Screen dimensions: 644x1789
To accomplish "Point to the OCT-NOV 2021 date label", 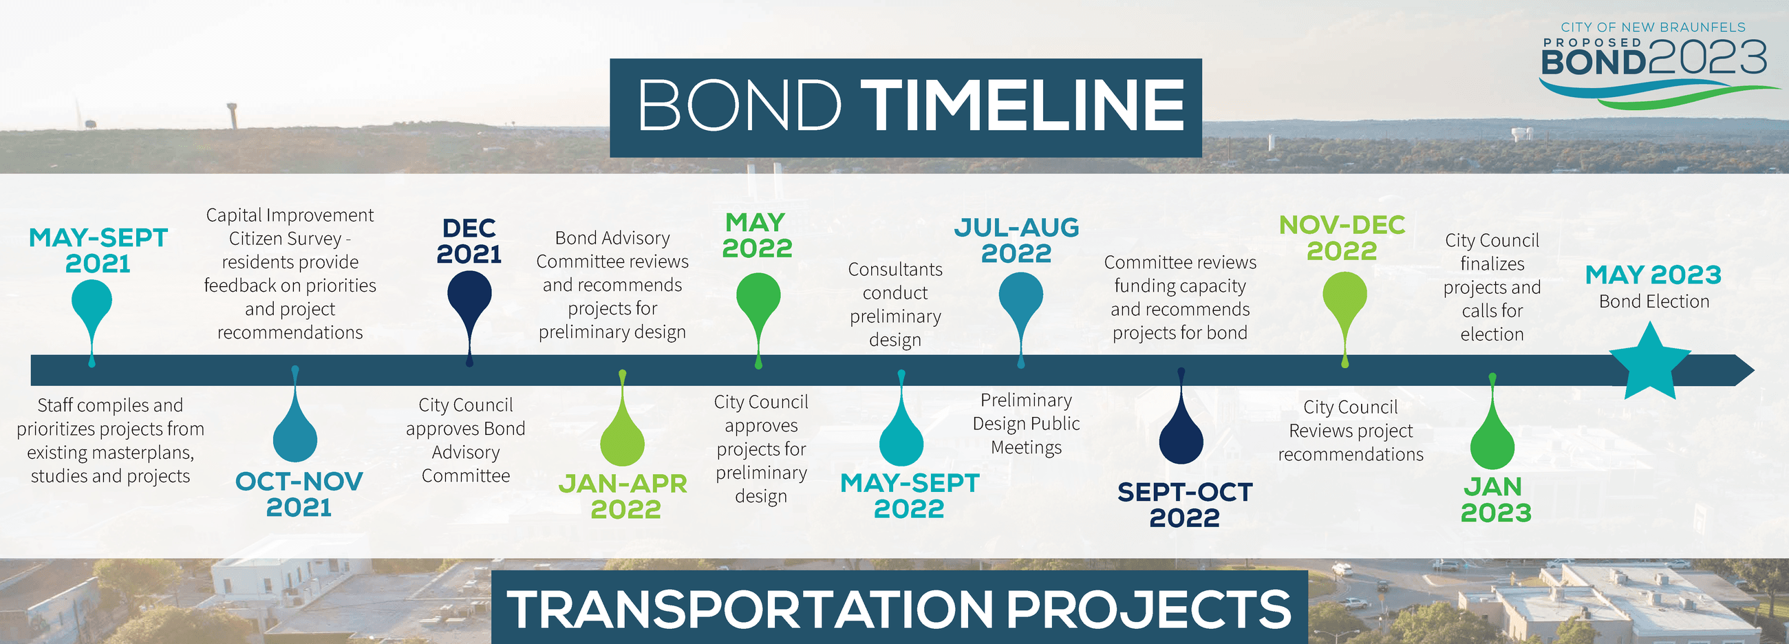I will (x=299, y=494).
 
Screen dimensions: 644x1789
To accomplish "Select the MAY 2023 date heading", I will (x=1653, y=275).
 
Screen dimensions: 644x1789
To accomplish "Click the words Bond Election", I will (x=1653, y=301).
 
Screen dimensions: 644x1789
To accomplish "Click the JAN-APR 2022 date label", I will (x=623, y=496).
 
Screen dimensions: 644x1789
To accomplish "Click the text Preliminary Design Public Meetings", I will (x=1026, y=424).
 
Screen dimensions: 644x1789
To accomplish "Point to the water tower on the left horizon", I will (x=233, y=115).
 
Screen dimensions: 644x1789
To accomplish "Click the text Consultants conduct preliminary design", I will (x=895, y=304).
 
